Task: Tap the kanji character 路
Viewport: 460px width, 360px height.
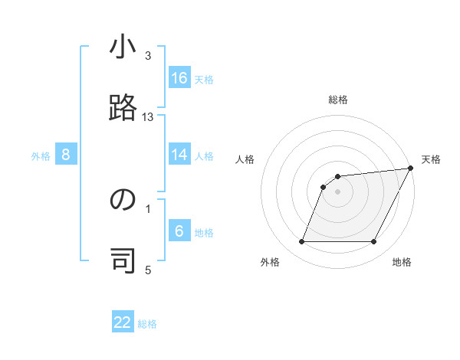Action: tap(123, 110)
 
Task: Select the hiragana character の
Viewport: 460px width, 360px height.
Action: tap(123, 201)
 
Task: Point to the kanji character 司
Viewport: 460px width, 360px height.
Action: tap(123, 261)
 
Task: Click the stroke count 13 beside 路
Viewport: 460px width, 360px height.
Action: tap(148, 117)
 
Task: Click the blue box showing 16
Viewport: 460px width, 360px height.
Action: tap(179, 78)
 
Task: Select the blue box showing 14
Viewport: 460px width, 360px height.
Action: tap(179, 155)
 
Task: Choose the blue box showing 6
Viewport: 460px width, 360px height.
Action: tap(179, 231)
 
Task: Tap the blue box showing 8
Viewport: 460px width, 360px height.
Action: tap(66, 155)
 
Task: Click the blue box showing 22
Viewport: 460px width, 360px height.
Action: tap(123, 322)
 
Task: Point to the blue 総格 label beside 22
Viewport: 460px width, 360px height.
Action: tap(147, 324)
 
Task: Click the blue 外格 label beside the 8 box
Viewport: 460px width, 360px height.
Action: tap(41, 156)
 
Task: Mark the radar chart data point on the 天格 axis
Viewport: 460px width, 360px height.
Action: tap(411, 169)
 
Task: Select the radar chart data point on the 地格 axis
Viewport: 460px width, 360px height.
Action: tap(374, 242)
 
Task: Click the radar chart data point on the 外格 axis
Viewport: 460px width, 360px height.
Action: tap(301, 242)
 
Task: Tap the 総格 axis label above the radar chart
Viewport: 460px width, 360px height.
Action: tap(338, 100)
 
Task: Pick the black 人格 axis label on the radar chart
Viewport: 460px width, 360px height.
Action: tap(245, 159)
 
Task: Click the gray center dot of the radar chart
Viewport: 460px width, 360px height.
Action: tap(337, 191)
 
